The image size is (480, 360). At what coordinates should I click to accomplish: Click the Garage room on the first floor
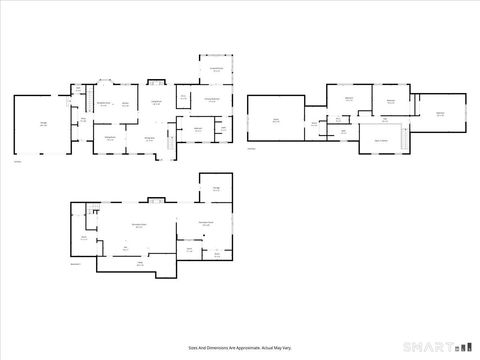pyautogui.click(x=41, y=125)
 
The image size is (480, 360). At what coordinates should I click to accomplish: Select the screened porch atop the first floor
pyautogui.click(x=216, y=71)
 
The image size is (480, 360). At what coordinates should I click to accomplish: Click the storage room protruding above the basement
pyautogui.click(x=217, y=189)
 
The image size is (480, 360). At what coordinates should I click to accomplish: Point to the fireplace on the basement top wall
pyautogui.click(x=150, y=199)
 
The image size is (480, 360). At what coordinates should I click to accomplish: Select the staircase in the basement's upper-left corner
pyautogui.click(x=94, y=209)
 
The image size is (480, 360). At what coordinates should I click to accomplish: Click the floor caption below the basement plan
pyautogui.click(x=76, y=264)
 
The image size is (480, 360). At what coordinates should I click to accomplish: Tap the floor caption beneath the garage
pyautogui.click(x=17, y=161)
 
